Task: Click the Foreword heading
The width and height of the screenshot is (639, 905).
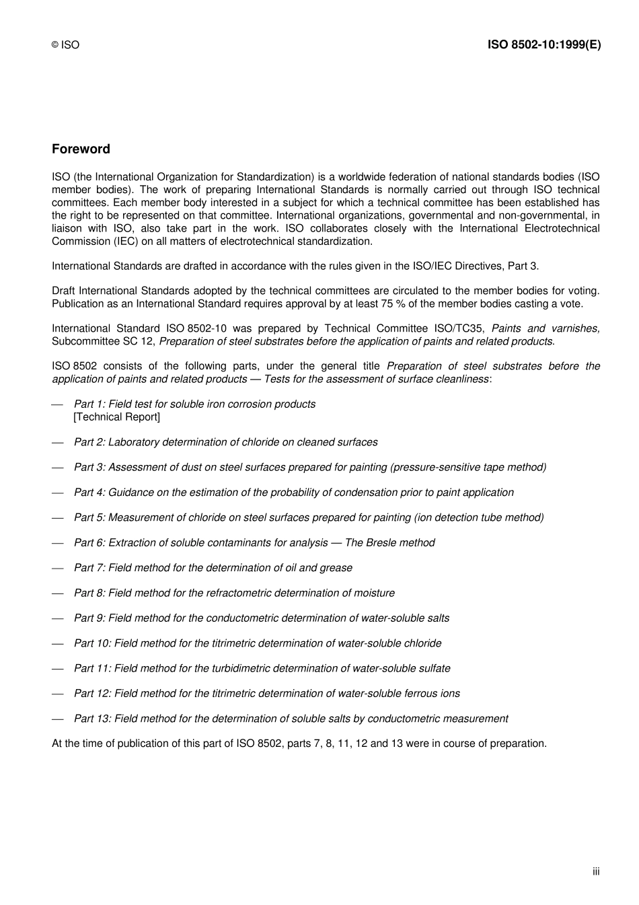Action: click(x=81, y=149)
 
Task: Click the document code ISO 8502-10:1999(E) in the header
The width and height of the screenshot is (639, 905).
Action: click(x=543, y=45)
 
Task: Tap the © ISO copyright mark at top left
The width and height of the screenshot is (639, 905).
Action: click(x=65, y=45)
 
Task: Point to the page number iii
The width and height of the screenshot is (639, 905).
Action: click(x=596, y=871)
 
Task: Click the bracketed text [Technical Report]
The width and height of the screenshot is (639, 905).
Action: click(x=117, y=417)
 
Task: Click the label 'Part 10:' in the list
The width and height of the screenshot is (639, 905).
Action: click(x=92, y=643)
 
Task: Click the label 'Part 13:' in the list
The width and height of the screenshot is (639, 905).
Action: click(x=92, y=719)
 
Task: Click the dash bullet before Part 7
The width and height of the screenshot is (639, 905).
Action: click(x=58, y=568)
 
